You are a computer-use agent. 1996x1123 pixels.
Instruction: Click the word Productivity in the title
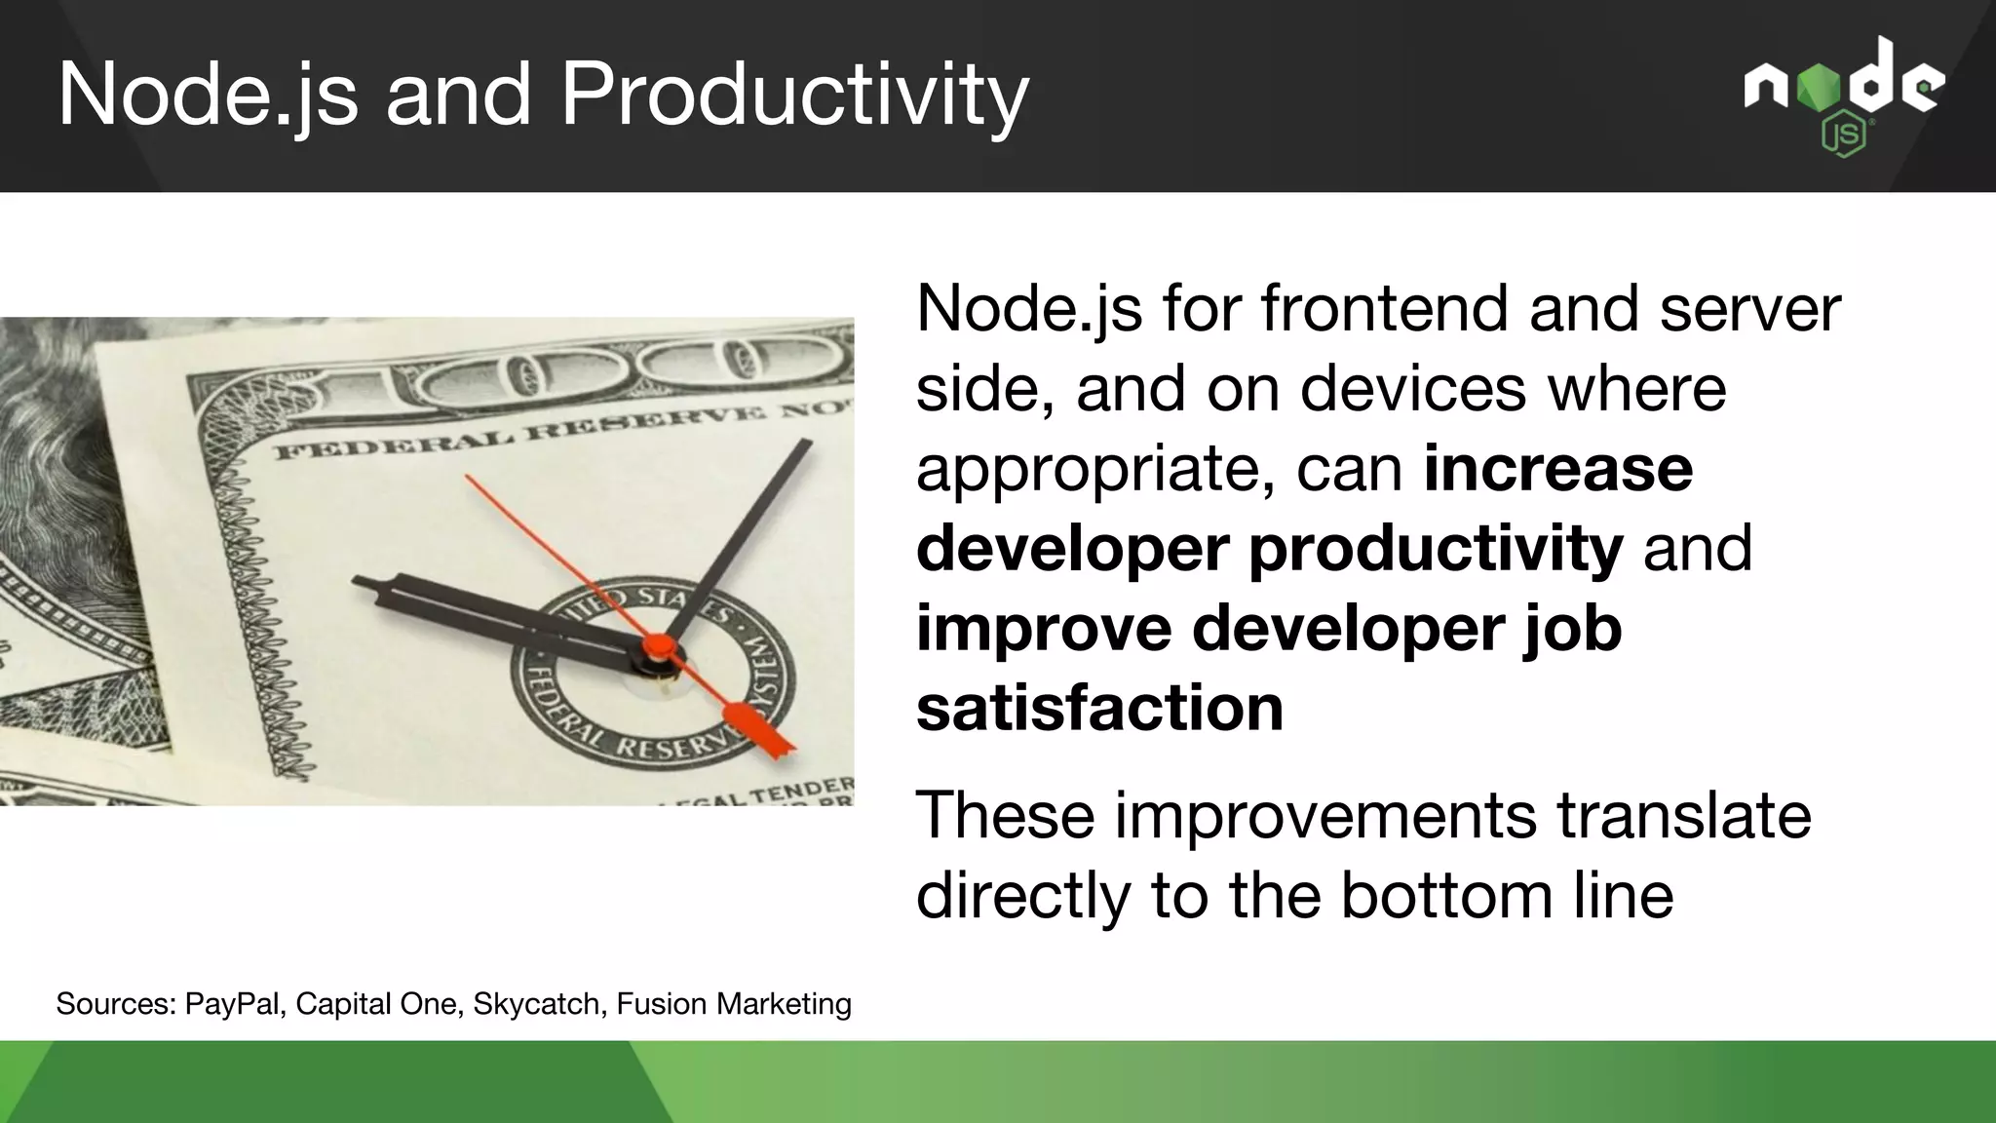[794, 96]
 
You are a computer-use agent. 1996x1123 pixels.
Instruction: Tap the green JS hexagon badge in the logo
[1844, 137]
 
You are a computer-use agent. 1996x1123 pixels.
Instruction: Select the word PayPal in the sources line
[234, 1003]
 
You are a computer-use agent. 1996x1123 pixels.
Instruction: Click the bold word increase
[1557, 469]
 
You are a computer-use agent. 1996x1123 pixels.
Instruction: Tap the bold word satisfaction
[1099, 708]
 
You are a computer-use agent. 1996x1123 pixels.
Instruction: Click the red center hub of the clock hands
[659, 646]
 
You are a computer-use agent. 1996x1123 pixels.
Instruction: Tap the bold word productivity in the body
[1435, 549]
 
